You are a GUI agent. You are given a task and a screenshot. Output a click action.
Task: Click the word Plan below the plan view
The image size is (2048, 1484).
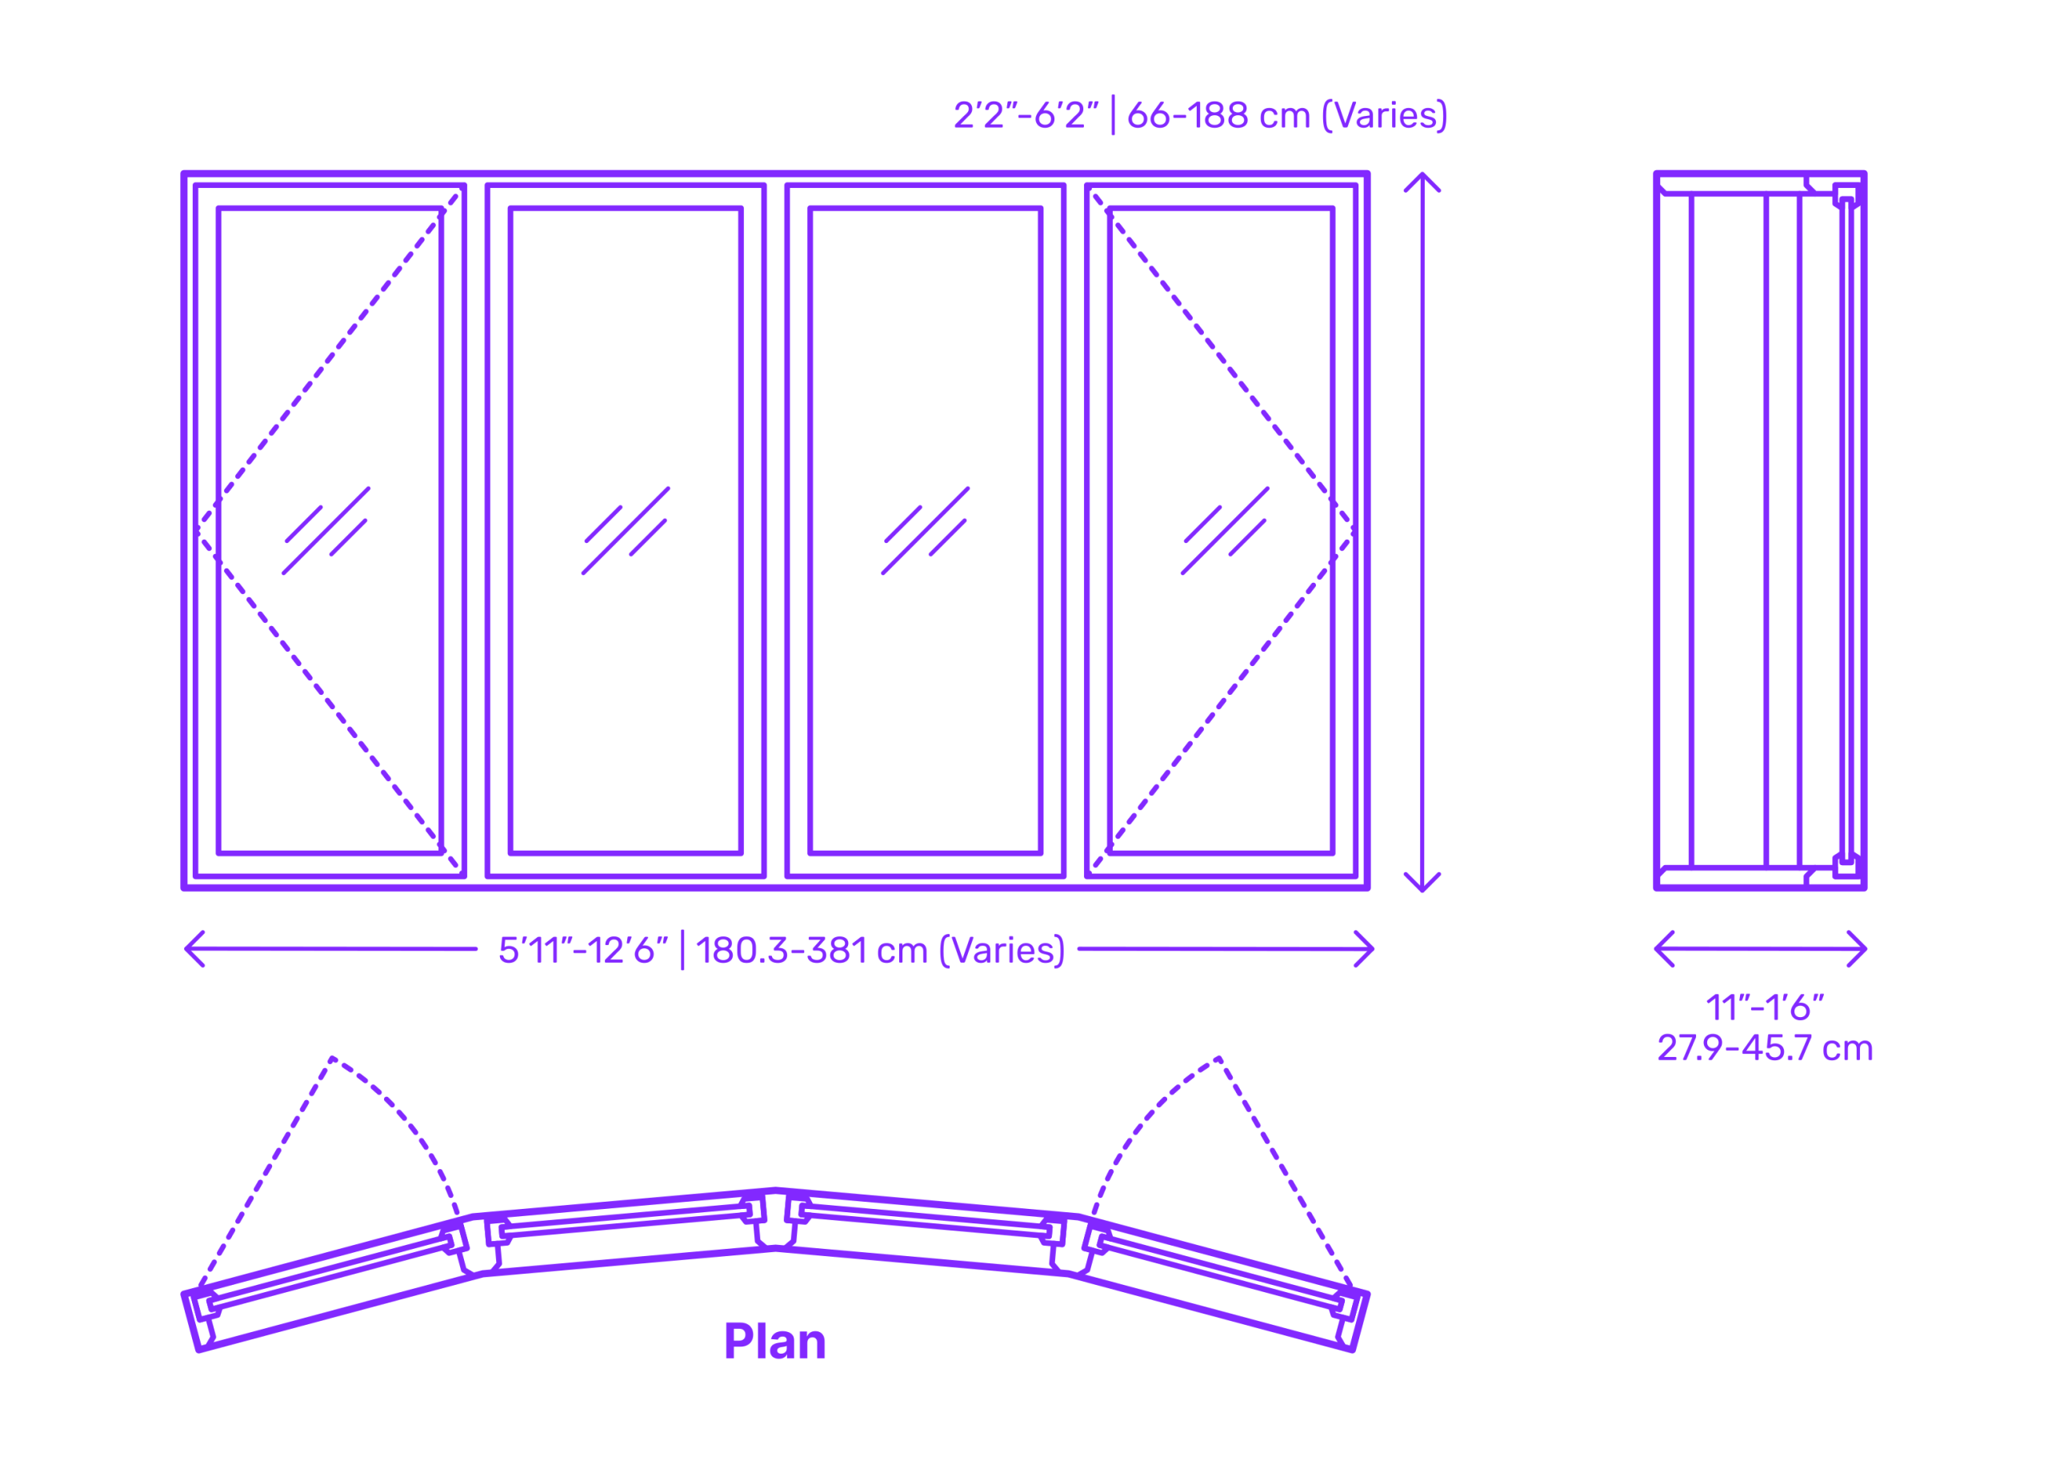774,1342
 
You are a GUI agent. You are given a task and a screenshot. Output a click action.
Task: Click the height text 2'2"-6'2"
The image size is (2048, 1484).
1026,114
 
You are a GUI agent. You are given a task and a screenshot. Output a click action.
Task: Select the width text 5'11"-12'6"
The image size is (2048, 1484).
583,950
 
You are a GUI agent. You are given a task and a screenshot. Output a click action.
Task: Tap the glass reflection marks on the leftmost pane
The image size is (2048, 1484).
326,531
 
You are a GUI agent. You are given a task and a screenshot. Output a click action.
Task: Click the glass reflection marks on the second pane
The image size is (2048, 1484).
626,531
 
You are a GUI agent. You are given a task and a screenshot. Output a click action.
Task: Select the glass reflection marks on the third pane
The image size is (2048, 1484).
926,531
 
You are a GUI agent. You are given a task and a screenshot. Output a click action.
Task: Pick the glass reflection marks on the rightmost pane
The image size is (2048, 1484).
1226,531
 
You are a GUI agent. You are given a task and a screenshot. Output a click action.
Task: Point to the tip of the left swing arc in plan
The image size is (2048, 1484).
334,1058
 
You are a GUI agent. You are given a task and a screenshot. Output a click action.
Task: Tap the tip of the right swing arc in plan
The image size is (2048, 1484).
1219,1058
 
